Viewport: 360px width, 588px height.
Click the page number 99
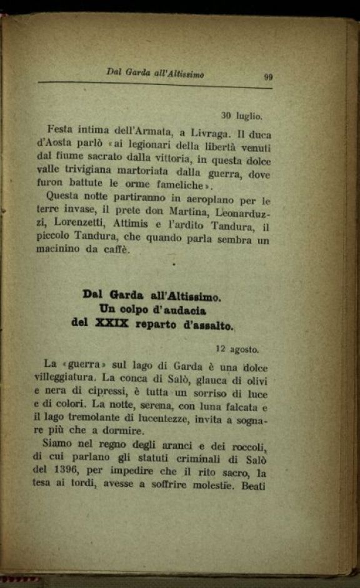click(267, 77)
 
